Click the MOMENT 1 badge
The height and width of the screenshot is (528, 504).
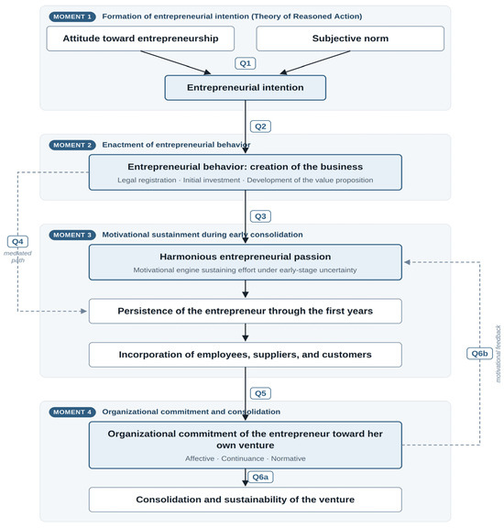(72, 16)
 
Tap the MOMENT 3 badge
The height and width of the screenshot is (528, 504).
(72, 235)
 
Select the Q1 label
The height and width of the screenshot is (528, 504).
(245, 63)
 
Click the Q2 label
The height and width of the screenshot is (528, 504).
(260, 126)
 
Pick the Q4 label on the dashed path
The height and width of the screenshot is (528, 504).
(17, 241)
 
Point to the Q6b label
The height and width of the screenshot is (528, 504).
(479, 354)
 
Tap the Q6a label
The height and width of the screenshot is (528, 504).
(260, 477)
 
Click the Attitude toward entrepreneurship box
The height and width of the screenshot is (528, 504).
(140, 38)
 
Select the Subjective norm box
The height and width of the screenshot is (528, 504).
(350, 38)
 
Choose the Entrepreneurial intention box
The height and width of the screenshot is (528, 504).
(245, 88)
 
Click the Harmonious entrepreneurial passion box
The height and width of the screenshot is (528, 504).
(245, 262)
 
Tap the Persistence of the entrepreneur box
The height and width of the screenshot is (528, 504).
(245, 311)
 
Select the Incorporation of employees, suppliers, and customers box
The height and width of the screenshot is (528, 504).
(245, 355)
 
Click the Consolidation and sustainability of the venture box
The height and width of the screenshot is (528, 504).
(245, 500)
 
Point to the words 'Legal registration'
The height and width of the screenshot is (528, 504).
(147, 181)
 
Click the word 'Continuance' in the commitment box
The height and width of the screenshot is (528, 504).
(243, 458)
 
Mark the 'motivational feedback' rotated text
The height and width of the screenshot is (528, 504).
(498, 354)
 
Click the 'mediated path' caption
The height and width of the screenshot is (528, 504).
(17, 257)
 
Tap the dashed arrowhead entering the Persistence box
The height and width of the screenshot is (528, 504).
(83, 311)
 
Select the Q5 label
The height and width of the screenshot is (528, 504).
(260, 393)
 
